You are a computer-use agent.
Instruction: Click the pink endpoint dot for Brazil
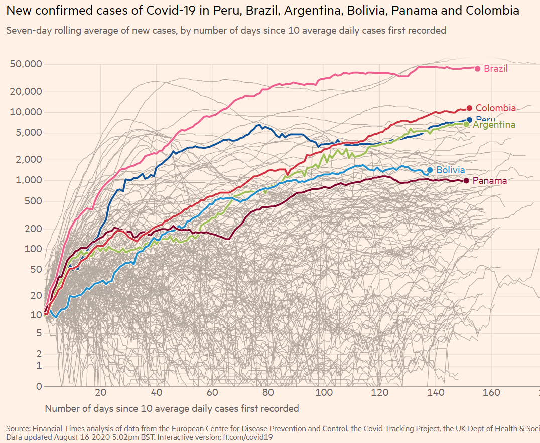(x=477, y=69)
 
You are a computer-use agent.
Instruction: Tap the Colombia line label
(x=495, y=108)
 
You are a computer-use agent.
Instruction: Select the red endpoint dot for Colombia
(x=469, y=108)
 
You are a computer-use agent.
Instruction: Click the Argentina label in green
(x=494, y=125)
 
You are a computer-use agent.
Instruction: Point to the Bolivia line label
(x=450, y=170)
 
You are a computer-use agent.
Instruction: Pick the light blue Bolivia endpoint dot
(x=430, y=170)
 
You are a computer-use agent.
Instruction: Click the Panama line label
(x=489, y=181)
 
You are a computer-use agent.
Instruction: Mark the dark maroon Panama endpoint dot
(x=466, y=180)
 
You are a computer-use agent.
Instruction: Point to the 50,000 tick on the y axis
(x=25, y=64)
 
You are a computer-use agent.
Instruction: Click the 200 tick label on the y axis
(x=32, y=229)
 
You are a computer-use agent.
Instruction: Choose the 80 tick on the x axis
(x=268, y=392)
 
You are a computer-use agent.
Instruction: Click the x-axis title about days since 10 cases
(x=172, y=408)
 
